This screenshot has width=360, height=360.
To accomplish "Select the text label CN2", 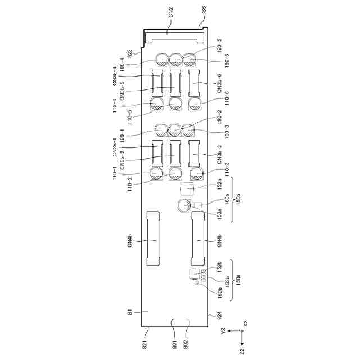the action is [x=171, y=12].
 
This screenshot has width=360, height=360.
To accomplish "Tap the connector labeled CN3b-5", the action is [x=175, y=83].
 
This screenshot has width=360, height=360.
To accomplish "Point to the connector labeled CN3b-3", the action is [x=194, y=154].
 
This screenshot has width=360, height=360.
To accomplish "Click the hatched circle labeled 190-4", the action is [x=163, y=60].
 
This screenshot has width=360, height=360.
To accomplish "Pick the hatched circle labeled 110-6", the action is [x=195, y=103].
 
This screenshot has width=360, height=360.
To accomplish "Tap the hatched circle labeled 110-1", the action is [x=156, y=174].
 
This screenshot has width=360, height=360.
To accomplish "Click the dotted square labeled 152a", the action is [x=187, y=188].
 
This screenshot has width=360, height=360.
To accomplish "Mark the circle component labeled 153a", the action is [x=184, y=205].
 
